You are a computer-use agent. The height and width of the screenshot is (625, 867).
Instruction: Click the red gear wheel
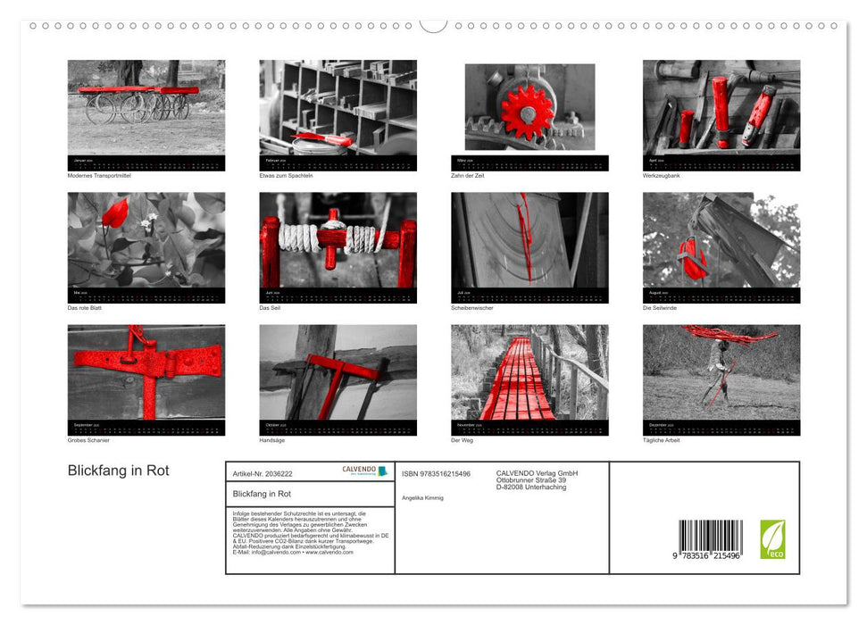click(526, 111)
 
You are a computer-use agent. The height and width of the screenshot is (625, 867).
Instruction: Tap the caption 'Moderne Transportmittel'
click(98, 175)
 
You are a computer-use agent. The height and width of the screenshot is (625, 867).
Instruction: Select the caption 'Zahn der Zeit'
click(470, 175)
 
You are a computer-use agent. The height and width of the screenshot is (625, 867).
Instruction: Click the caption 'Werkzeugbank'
click(662, 175)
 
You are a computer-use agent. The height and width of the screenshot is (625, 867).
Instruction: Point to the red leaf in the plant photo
click(114, 213)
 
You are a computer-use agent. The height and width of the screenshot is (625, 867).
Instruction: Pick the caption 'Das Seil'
click(270, 307)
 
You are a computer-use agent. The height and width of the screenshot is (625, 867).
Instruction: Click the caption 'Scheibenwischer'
click(472, 307)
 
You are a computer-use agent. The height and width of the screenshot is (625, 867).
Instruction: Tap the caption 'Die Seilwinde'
click(661, 307)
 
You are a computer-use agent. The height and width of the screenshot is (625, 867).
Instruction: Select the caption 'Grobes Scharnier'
click(88, 440)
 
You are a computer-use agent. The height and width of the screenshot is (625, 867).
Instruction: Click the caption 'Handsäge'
click(272, 440)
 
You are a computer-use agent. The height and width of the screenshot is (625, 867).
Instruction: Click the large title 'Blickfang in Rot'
click(118, 471)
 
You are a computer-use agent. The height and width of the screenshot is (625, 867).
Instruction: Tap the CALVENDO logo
click(365, 471)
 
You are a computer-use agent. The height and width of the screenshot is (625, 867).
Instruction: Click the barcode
click(710, 539)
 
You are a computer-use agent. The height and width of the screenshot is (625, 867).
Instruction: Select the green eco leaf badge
click(772, 539)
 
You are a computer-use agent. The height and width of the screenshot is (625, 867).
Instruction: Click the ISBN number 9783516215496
click(436, 473)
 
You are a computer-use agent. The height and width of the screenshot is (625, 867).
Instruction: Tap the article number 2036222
click(262, 473)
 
